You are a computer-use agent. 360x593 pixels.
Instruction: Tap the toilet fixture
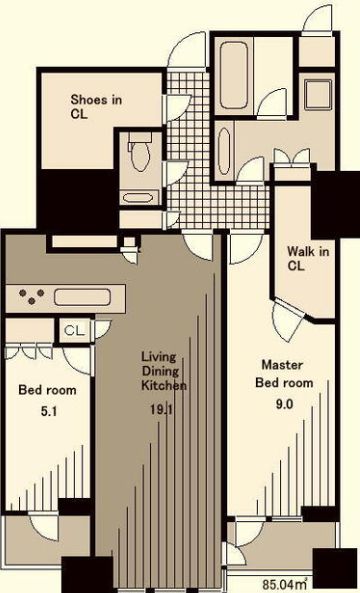click(x=139, y=155)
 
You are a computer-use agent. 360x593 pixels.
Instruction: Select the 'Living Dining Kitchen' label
click(x=164, y=370)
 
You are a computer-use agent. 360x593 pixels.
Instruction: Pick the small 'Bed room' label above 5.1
click(x=47, y=386)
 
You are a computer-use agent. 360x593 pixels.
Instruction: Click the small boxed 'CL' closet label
click(x=73, y=330)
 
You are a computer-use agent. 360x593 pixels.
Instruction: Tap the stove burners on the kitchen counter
click(x=30, y=297)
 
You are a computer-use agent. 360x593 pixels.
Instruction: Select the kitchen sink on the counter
click(x=86, y=297)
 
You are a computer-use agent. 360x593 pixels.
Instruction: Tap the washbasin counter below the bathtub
click(x=223, y=149)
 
